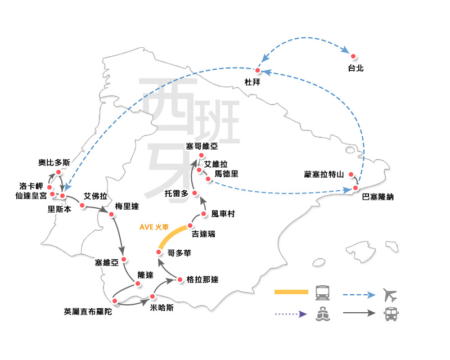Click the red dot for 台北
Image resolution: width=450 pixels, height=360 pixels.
(353, 56)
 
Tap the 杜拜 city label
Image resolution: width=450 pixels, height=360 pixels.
(252, 82)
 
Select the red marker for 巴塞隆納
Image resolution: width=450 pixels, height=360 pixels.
(355, 187)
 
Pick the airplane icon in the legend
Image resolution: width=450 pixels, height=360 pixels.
(389, 294)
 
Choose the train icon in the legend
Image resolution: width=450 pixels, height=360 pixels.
(323, 292)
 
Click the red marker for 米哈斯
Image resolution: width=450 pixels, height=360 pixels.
(152, 296)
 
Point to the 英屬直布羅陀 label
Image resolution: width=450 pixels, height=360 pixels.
(88, 311)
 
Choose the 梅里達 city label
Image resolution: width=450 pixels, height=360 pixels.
(127, 206)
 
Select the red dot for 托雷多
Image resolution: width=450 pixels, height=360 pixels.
(194, 193)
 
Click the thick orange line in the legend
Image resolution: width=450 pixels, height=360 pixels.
(291, 292)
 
